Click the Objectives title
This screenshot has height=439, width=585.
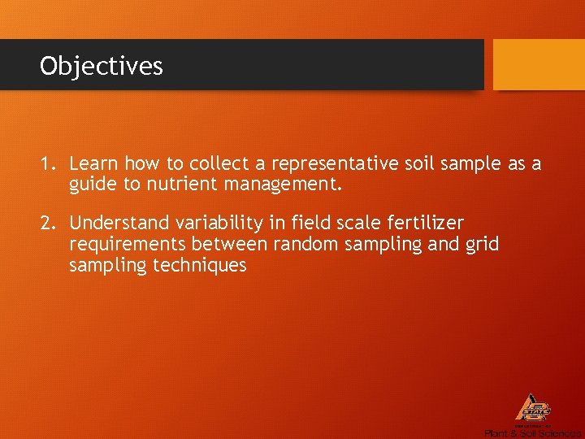(102, 66)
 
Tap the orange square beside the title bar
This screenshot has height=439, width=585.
(539, 64)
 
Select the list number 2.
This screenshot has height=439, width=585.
(47, 223)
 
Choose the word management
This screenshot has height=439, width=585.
(287, 185)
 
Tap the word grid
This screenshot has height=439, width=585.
(481, 244)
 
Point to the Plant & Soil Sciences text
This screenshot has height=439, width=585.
(532, 433)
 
